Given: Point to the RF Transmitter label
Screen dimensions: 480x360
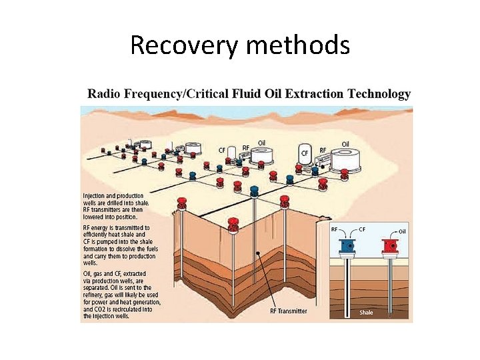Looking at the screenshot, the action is (289, 311).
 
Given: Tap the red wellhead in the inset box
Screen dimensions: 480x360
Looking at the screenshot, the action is (390, 246).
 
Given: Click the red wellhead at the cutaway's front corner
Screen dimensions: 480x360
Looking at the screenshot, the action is (233, 225).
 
